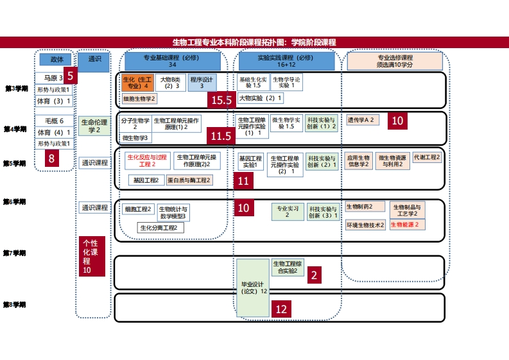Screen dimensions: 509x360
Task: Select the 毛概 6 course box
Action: pyautogui.click(x=53, y=121)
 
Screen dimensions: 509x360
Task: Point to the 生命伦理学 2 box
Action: pyautogui.click(x=94, y=126)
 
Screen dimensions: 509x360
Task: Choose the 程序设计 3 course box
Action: pyautogui.click(x=202, y=82)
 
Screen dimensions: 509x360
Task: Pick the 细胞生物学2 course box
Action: pyautogui.click(x=139, y=99)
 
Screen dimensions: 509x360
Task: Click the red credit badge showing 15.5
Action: pyautogui.click(x=221, y=100)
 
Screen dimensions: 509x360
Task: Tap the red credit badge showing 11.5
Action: pyautogui.click(x=221, y=136)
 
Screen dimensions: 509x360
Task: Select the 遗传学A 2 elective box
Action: pyautogui.click(x=363, y=120)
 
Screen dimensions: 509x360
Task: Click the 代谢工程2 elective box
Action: pyautogui.click(x=427, y=157)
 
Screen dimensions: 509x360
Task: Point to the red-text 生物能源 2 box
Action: pyautogui.click(x=406, y=225)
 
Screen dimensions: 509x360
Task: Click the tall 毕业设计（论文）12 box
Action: pyautogui.click(x=253, y=287)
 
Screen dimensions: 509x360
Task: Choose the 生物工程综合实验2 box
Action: pyautogui.click(x=288, y=267)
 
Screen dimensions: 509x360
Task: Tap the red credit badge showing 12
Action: pyautogui.click(x=280, y=309)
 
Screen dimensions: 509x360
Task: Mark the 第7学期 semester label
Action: pyautogui.click(x=15, y=253)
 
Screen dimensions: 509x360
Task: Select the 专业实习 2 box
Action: pyautogui.click(x=286, y=212)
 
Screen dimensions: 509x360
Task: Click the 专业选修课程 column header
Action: pyautogui.click(x=394, y=62)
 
